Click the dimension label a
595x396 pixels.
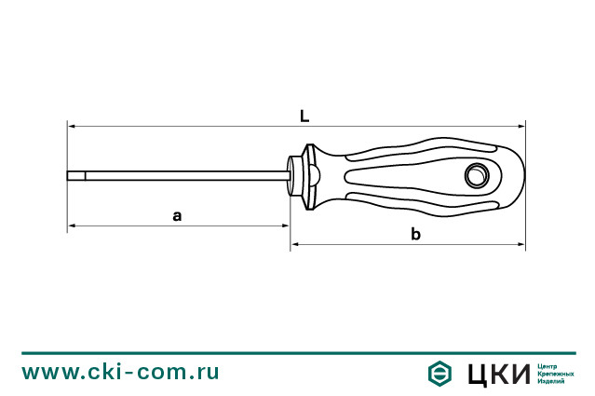[177, 215]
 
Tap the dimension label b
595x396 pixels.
[415, 234]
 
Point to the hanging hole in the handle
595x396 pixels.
[477, 174]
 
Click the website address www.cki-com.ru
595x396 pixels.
[121, 373]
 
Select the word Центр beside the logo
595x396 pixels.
[548, 364]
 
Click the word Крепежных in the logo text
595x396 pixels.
[555, 373]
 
